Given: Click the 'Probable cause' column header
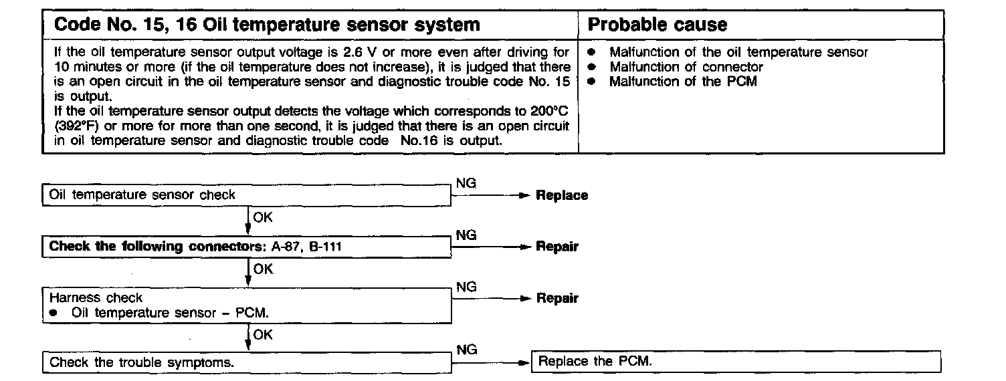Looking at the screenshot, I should click(657, 25).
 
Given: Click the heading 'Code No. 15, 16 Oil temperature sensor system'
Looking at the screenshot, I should click(266, 25).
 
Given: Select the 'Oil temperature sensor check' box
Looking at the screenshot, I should click(247, 195).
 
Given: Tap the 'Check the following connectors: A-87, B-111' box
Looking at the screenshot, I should click(247, 247).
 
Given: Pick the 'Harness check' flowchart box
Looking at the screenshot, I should click(247, 304).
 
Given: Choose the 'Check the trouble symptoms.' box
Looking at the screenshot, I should click(247, 363).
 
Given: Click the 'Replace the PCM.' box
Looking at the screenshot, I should click(736, 362).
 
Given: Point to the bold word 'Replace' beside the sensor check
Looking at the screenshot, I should click(562, 196).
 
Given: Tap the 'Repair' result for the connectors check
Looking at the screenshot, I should click(557, 247).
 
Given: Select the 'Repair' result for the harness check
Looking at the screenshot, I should click(557, 298).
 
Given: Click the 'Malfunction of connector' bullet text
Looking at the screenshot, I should click(686, 67).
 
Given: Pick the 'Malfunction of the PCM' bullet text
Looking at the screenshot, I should click(682, 82).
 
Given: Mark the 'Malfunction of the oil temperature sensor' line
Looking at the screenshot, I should click(738, 52).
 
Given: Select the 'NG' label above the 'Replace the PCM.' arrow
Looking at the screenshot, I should click(466, 349).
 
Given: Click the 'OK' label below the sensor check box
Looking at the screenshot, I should click(263, 217).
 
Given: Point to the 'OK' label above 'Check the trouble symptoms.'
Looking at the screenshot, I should click(263, 335).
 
